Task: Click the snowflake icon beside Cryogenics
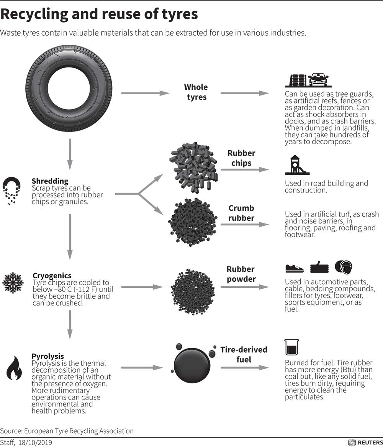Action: (x=13, y=283)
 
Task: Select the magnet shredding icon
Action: (x=11, y=190)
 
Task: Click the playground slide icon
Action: (x=296, y=165)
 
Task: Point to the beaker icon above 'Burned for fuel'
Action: (x=291, y=347)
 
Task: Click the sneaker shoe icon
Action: (x=294, y=268)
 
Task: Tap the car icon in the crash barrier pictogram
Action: (x=318, y=80)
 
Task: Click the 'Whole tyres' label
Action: (x=196, y=92)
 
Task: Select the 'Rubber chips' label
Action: (x=241, y=158)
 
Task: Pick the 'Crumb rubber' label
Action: (x=241, y=213)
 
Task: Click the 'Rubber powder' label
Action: (x=241, y=274)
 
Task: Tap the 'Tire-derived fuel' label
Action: (x=244, y=354)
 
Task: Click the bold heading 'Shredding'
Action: (x=50, y=181)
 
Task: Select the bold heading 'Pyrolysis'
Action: (x=47, y=356)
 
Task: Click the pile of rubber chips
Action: (x=193, y=167)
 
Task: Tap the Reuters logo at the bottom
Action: (x=364, y=442)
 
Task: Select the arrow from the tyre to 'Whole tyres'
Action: (x=145, y=93)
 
